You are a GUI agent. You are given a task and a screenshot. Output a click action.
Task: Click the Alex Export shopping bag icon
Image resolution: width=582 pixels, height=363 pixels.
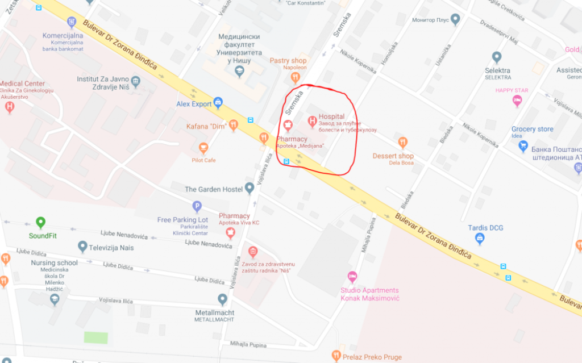point(217,103)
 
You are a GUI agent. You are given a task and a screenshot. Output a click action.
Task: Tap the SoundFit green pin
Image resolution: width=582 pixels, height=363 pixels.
point(40,223)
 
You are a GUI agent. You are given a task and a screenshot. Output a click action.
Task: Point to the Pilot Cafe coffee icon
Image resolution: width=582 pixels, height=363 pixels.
point(203,148)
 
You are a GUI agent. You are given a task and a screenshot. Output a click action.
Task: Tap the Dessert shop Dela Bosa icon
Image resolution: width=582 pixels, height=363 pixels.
point(402,143)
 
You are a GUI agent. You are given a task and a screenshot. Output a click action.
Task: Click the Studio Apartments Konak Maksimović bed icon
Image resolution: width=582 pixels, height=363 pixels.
point(352,277)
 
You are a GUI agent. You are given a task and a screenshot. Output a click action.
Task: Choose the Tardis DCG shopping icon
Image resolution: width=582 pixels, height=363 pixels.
point(479,239)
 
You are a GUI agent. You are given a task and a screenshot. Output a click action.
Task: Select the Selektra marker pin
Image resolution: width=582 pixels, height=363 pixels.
point(497,57)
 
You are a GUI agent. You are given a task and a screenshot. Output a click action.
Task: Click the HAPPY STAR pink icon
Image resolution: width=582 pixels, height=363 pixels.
point(517,101)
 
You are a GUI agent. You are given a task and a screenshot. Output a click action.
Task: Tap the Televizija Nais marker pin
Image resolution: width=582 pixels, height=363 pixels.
point(82,247)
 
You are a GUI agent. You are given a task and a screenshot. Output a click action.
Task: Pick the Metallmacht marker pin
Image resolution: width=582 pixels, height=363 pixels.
point(223,299)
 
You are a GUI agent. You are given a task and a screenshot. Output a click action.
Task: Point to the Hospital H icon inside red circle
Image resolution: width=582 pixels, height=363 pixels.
point(311,121)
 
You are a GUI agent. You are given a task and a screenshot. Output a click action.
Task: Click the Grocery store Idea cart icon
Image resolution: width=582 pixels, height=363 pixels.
point(523,146)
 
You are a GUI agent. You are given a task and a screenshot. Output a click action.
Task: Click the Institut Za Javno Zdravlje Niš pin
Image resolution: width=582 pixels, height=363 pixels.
point(135,81)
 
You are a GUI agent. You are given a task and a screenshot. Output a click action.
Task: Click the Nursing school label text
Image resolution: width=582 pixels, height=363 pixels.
point(55,263)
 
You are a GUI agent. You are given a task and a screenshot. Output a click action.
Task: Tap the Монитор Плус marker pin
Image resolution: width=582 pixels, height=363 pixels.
point(455,20)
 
